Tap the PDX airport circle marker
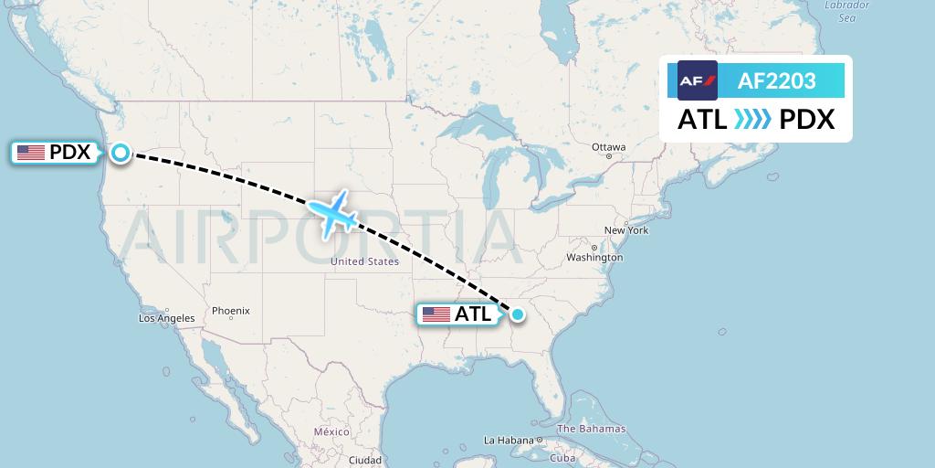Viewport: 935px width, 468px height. [x=121, y=153]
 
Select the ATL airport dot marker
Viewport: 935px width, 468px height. [x=518, y=314]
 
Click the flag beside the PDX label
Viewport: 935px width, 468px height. [x=31, y=153]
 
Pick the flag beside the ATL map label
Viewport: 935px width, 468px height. [x=436, y=314]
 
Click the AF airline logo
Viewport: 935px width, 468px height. [x=698, y=81]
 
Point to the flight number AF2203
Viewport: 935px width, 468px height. [x=776, y=81]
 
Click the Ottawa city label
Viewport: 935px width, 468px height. [x=608, y=147]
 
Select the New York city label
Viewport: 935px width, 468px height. [x=626, y=230]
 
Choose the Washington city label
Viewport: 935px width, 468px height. [x=594, y=258]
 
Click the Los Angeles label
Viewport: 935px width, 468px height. [x=166, y=318]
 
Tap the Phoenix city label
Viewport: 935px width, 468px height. [x=230, y=311]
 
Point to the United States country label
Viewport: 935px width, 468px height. [x=364, y=261]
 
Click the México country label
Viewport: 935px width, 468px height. [x=331, y=431]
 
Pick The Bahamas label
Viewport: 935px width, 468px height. [x=592, y=429]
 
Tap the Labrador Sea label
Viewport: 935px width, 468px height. [x=846, y=11]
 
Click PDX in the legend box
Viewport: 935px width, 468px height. [x=807, y=120]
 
